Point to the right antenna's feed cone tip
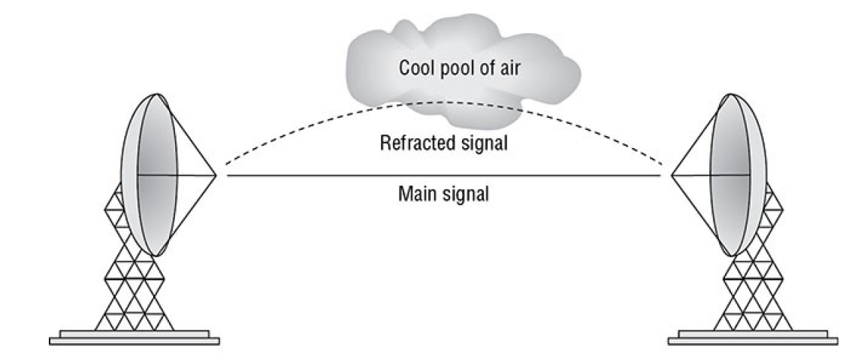click(x=661, y=175)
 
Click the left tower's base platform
click(x=134, y=337)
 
